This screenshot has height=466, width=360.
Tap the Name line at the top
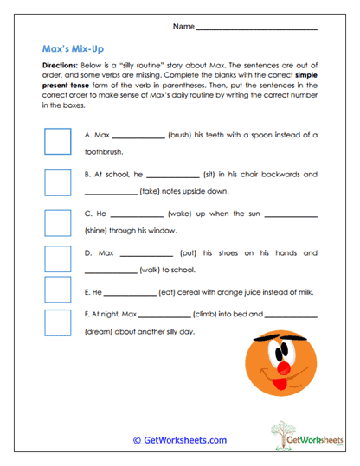(x=256, y=29)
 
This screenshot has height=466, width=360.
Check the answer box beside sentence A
(x=57, y=142)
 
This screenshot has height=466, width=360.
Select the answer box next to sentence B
(x=57, y=182)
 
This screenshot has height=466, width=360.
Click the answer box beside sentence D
(x=57, y=259)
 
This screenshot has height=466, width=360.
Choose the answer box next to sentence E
(x=57, y=290)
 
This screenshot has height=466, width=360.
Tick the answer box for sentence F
(x=57, y=322)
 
